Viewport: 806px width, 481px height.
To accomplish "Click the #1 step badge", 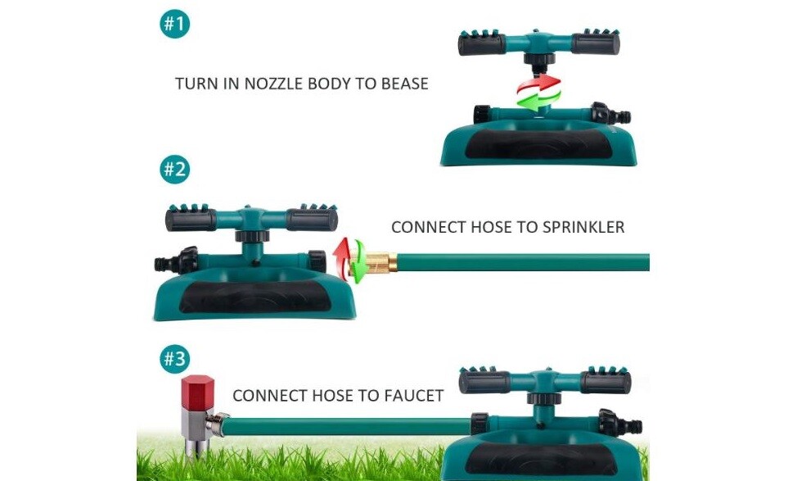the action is [175, 24].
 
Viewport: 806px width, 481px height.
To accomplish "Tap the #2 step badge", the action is [175, 169].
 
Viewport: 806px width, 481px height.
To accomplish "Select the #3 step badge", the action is [175, 359].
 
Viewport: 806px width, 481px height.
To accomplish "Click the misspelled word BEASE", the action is [404, 84].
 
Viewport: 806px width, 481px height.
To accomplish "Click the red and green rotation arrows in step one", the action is [538, 93].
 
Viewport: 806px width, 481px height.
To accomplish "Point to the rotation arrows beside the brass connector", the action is [349, 260].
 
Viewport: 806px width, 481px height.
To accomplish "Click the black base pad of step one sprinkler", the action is [538, 143].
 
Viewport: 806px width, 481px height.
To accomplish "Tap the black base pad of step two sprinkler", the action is [255, 297].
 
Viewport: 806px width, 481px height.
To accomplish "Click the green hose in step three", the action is [347, 426].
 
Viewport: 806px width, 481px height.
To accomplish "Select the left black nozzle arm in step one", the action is [482, 43].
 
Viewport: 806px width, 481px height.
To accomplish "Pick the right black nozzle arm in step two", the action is [312, 219].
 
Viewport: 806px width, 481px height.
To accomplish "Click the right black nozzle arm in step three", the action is [606, 382].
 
